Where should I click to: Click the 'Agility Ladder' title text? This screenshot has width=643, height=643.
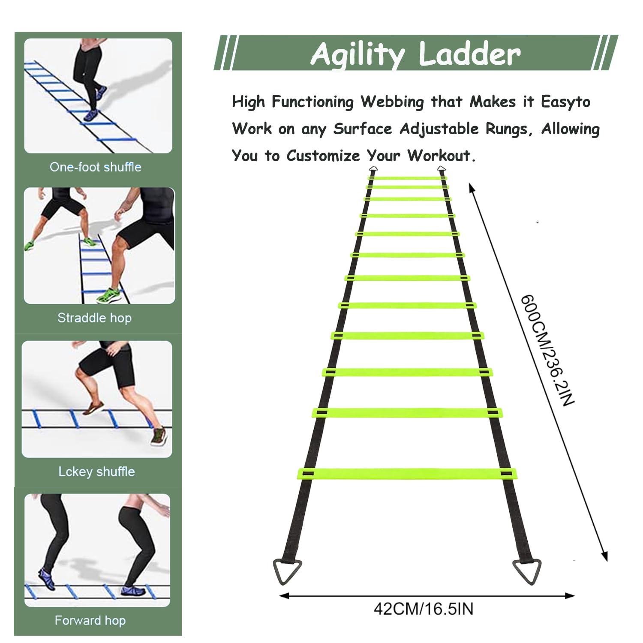tap(416, 54)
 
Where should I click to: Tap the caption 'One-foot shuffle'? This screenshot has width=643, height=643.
tap(96, 167)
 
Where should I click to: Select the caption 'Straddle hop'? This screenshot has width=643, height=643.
tap(95, 318)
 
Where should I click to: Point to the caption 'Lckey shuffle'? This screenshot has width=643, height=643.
tap(97, 472)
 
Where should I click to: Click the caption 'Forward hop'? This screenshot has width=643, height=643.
tap(90, 620)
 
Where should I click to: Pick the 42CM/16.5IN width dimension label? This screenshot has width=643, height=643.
tap(424, 609)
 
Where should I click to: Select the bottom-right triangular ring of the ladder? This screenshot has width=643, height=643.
tap(527, 571)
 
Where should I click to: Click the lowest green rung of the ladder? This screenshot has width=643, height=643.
tap(407, 474)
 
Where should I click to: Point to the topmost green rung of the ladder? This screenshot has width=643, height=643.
tap(407, 178)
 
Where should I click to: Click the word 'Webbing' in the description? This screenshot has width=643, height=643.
tap(392, 102)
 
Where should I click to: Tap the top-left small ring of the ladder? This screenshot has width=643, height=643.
tap(373, 168)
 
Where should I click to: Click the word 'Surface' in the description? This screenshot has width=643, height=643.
tap(363, 129)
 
